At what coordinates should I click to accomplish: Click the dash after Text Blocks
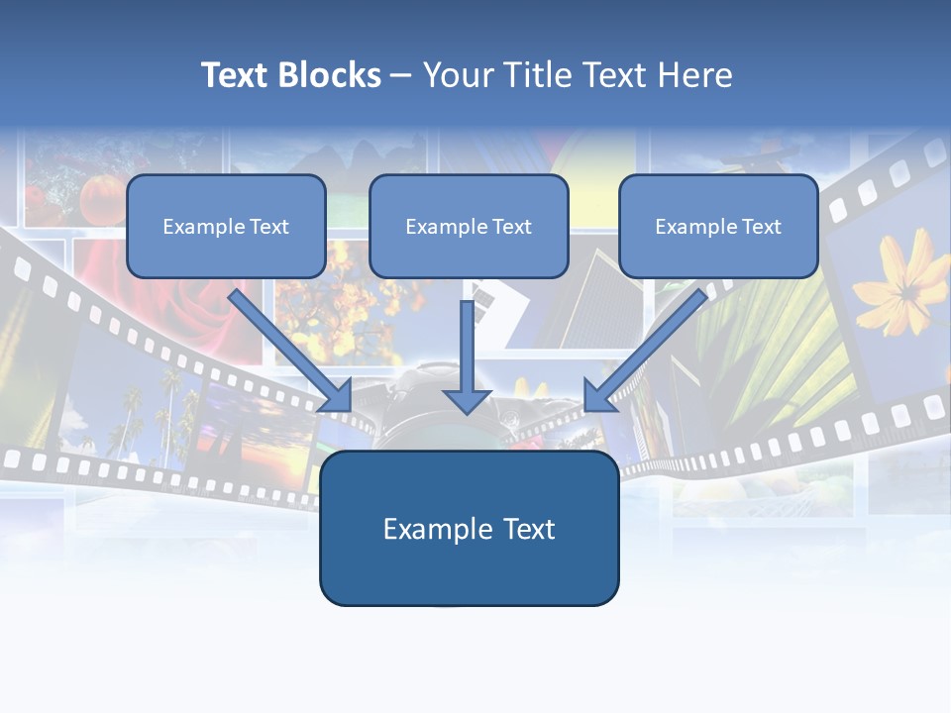(401, 76)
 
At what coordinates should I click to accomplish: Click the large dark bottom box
(469, 574)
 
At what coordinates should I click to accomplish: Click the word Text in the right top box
(761, 227)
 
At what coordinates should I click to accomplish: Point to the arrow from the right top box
(649, 347)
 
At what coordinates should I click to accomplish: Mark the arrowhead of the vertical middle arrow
(468, 400)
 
